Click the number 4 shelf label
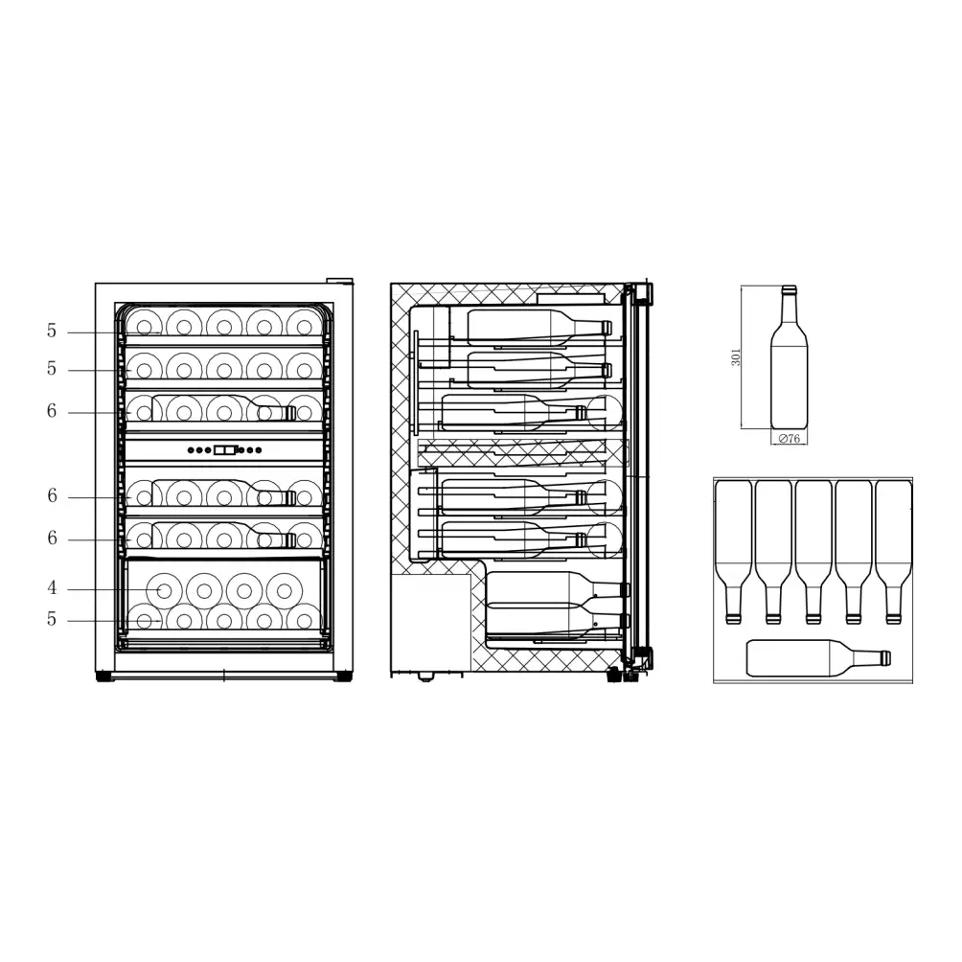point(53,588)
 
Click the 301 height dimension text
point(736,357)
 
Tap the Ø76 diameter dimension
point(789,439)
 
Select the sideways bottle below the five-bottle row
point(817,658)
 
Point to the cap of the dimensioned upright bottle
point(789,289)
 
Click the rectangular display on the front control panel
point(224,449)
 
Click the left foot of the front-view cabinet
point(103,676)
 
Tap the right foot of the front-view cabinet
point(342,676)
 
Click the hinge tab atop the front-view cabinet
point(339,281)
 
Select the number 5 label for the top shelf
point(52,332)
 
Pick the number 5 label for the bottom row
point(53,620)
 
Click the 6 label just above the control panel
point(52,411)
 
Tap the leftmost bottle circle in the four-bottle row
point(164,590)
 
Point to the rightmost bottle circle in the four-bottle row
point(285,590)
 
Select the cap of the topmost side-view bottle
point(606,328)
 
